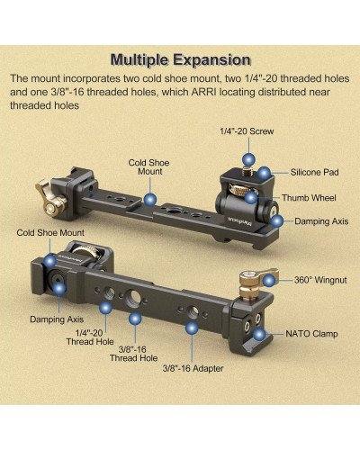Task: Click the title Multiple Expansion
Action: click(x=180, y=60)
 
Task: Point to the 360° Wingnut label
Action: click(x=320, y=280)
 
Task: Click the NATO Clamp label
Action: click(x=313, y=333)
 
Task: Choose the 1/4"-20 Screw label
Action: click(x=246, y=131)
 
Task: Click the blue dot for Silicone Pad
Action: click(x=264, y=171)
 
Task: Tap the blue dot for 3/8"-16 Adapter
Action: click(x=191, y=329)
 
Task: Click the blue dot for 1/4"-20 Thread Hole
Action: click(x=105, y=307)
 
